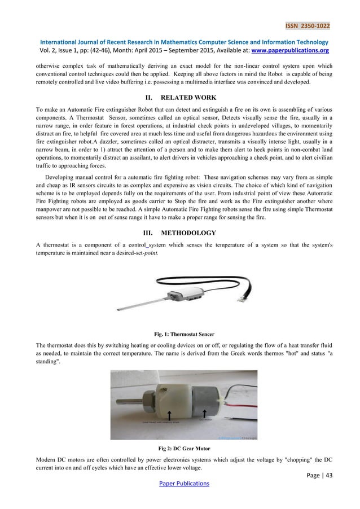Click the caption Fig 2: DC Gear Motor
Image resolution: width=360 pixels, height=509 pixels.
point(179,449)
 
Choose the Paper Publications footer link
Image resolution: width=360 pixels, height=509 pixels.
point(180,484)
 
